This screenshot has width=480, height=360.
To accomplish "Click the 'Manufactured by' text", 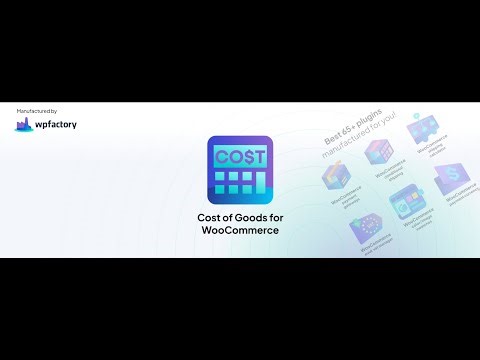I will point(37,110).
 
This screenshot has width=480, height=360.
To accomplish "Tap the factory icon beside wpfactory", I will point(24,125).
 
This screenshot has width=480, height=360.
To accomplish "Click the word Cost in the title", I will point(211,219).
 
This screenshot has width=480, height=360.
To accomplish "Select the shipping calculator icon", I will point(419,129).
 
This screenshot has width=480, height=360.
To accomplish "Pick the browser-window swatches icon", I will point(405,203).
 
